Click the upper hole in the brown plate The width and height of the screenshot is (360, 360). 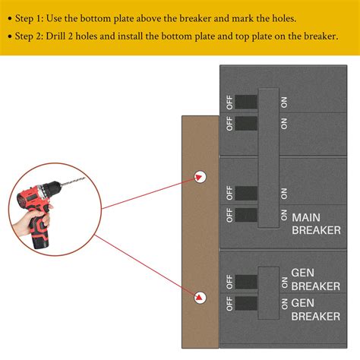(x=201, y=176)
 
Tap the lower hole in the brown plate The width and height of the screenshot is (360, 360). (x=201, y=298)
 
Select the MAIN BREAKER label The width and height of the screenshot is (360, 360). (x=316, y=224)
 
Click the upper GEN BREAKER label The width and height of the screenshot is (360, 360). (x=315, y=279)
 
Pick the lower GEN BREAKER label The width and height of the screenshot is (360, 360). (x=315, y=309)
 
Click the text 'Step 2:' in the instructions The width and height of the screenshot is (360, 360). (x=35, y=36)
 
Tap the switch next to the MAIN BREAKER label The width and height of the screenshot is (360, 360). (x=245, y=216)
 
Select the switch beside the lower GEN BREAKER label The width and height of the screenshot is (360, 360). (x=245, y=305)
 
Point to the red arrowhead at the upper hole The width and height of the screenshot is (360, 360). (x=200, y=178)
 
